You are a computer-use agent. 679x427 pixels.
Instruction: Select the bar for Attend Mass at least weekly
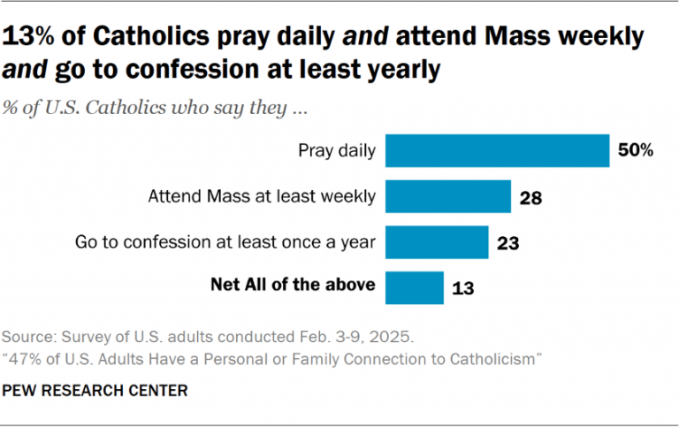(449, 196)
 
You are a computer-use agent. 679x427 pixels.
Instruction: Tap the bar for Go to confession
(438, 241)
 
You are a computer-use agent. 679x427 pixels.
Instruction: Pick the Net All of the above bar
(415, 286)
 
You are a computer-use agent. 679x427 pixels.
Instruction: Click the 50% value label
(636, 151)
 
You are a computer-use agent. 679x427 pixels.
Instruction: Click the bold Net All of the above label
(293, 285)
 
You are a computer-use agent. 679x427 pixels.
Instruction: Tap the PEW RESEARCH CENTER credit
(95, 389)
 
